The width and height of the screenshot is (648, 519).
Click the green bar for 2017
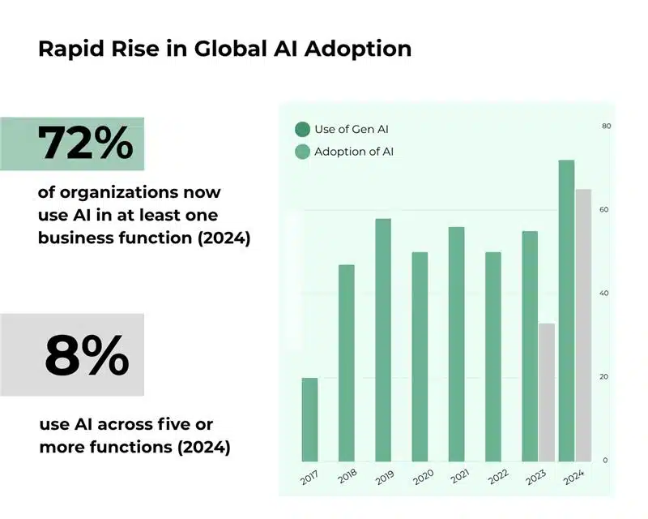tap(309, 419)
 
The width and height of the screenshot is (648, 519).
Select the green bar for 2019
tap(383, 340)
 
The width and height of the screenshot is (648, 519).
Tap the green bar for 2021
tap(456, 344)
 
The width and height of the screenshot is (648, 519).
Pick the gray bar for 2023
tap(547, 392)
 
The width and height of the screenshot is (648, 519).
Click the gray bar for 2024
tap(583, 324)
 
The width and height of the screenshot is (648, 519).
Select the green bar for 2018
tap(346, 362)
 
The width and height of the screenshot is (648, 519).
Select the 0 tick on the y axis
tap(604, 461)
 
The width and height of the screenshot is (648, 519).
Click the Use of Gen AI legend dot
tap(303, 129)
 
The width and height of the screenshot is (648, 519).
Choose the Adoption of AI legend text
tap(354, 152)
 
